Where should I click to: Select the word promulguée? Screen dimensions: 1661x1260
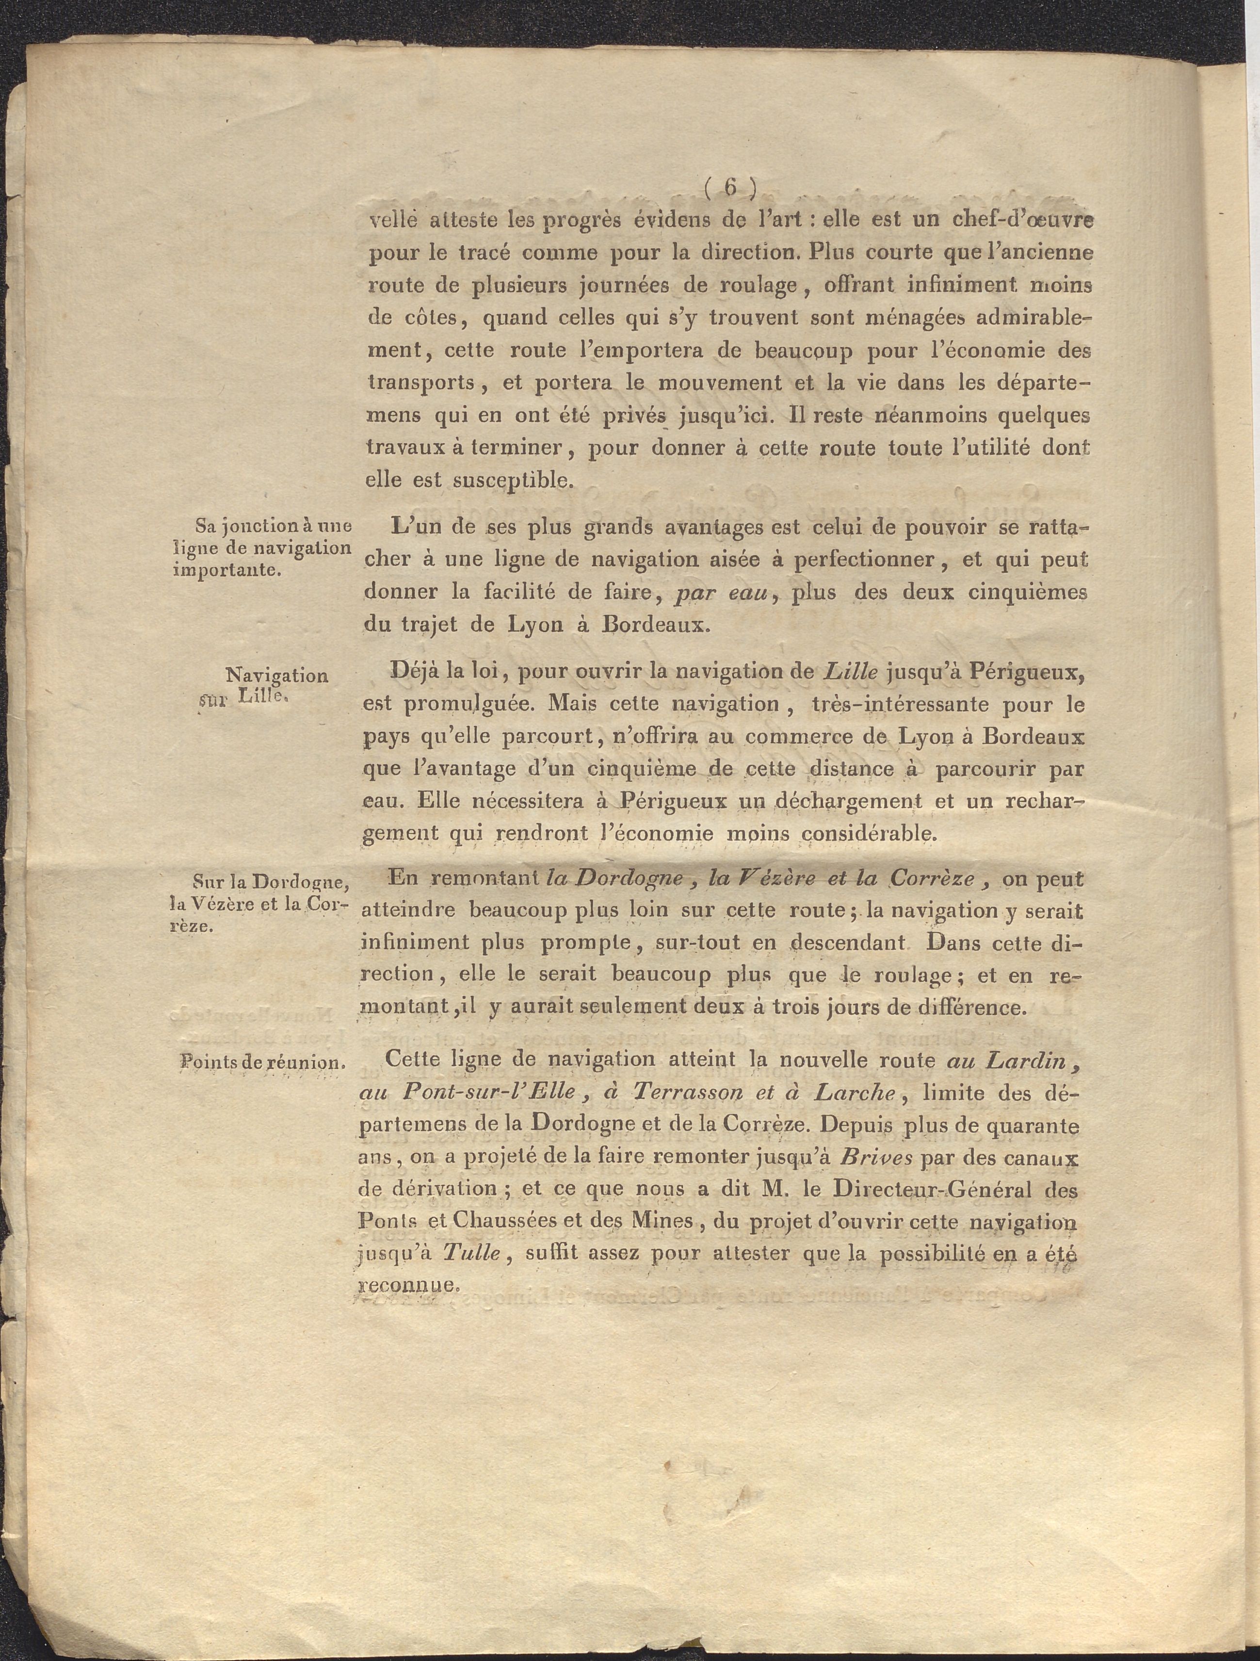click(472, 706)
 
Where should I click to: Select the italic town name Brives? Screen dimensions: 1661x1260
click(877, 1157)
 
